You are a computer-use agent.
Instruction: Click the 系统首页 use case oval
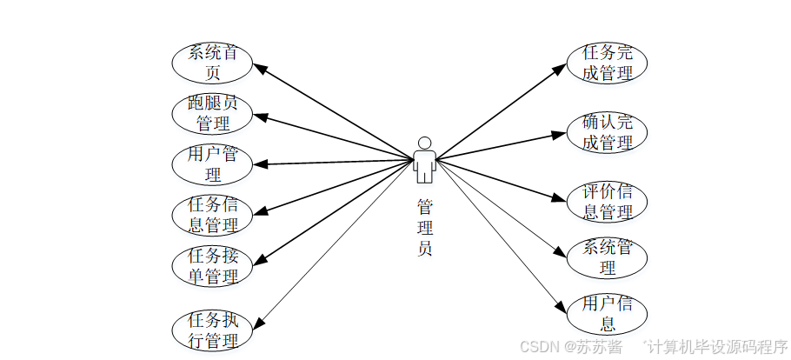click(213, 61)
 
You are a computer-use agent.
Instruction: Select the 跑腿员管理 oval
click(213, 112)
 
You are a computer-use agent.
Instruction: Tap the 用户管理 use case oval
click(213, 163)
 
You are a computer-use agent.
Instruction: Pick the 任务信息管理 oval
click(213, 215)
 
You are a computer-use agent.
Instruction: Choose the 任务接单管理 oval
click(213, 266)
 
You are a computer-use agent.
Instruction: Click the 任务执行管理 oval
click(213, 330)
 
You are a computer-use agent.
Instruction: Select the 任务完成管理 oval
click(608, 63)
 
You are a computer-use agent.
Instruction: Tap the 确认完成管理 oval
click(608, 132)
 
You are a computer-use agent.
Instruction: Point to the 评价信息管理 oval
click(608, 201)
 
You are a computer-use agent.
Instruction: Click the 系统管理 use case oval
click(608, 257)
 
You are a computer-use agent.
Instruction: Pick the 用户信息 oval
click(608, 314)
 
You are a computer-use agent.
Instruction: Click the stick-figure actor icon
click(424, 161)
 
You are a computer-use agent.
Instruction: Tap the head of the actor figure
click(424, 143)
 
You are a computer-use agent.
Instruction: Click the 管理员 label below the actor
click(424, 228)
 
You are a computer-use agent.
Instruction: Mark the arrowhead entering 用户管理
click(258, 163)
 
